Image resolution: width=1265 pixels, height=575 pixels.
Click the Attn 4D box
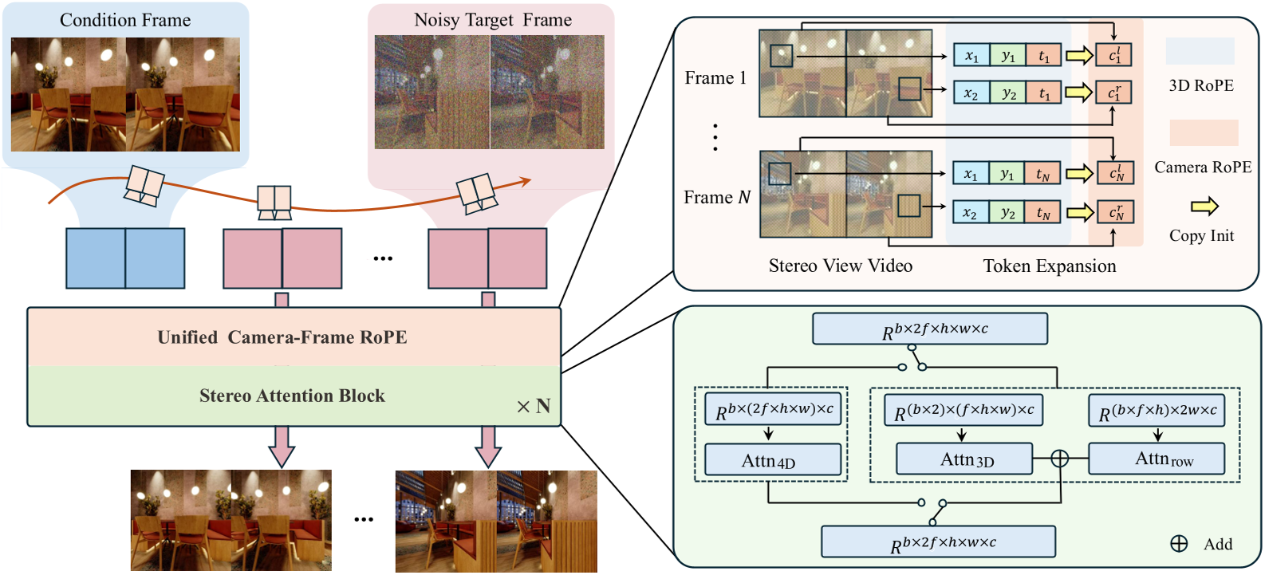(772, 460)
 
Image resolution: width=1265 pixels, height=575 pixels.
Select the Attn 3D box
(964, 459)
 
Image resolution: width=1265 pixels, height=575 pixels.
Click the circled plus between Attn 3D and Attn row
(1059, 459)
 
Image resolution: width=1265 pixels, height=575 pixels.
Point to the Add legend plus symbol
(1179, 544)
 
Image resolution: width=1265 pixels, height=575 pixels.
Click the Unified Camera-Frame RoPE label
(282, 337)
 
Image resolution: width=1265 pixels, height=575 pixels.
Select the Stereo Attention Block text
(292, 396)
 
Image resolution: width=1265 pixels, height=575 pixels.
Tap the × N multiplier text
(534, 407)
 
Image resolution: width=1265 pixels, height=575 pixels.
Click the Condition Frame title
(125, 20)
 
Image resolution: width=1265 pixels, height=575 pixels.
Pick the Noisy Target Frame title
(492, 20)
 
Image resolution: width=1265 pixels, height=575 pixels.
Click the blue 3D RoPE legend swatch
(1200, 52)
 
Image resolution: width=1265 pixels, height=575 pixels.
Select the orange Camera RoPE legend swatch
(1204, 132)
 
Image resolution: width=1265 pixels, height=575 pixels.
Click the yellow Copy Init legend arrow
(1204, 207)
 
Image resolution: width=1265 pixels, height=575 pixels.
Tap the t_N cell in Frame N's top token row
(1042, 174)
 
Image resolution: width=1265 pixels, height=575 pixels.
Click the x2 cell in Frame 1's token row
(971, 93)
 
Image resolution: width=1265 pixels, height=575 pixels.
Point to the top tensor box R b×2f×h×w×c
(929, 329)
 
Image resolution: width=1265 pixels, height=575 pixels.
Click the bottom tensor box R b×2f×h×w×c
(938, 542)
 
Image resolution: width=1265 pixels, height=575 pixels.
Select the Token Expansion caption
(1049, 266)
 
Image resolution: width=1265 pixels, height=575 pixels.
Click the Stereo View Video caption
(840, 266)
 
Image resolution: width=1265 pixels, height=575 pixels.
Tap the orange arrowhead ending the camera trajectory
(526, 182)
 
